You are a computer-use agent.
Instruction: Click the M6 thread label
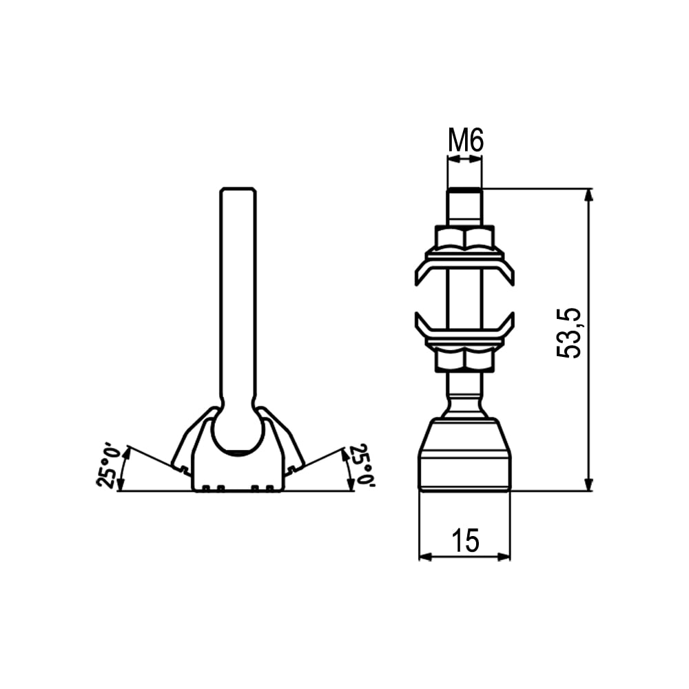(465, 141)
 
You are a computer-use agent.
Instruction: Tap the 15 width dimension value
(465, 540)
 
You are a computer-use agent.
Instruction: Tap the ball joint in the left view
(238, 433)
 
